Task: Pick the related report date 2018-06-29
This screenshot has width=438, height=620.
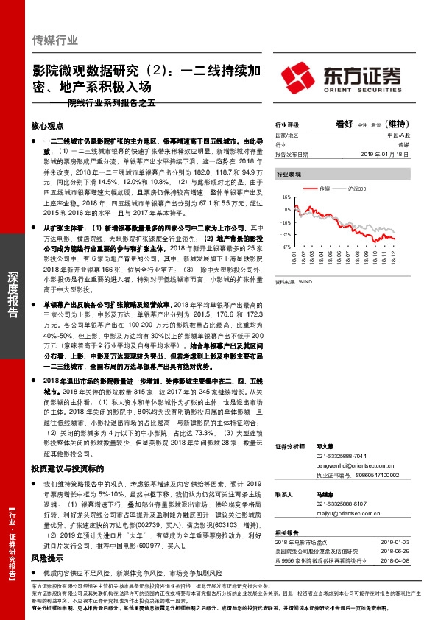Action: [x=397, y=550]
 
